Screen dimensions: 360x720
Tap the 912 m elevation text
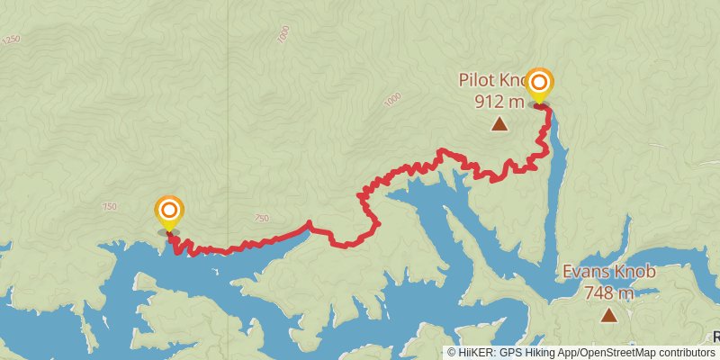click(499, 101)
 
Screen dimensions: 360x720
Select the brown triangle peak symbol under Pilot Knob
click(499, 124)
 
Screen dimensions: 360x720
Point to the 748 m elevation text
click(609, 292)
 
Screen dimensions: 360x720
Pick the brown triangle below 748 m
click(609, 315)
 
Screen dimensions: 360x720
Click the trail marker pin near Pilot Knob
click(539, 85)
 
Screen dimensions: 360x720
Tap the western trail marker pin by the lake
click(168, 212)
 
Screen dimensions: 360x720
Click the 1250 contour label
click(11, 40)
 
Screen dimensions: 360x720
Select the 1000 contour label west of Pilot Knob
click(391, 100)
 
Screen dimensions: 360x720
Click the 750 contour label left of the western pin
click(110, 207)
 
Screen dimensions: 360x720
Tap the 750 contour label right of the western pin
click(261, 218)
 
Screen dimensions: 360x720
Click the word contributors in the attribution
click(685, 353)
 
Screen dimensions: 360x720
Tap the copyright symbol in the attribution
click(452, 353)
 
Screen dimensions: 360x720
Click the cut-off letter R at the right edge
click(716, 337)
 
